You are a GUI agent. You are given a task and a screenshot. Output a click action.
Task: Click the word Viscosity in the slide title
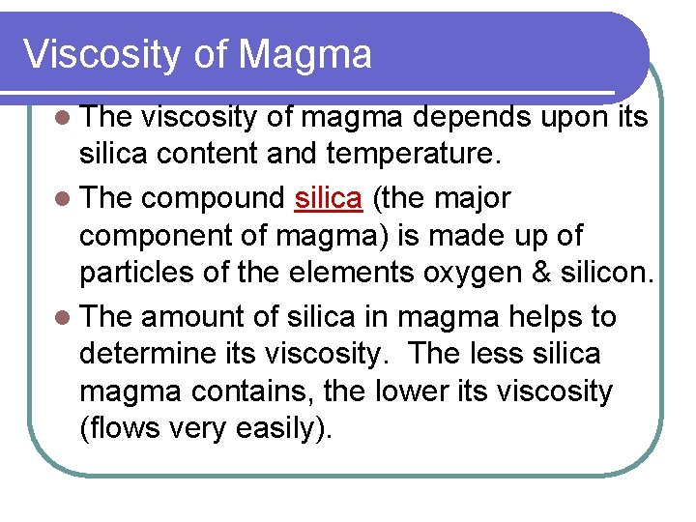tap(101, 54)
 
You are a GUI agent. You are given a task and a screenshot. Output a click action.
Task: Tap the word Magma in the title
tap(304, 54)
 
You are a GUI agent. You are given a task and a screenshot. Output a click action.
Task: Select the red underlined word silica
tap(328, 198)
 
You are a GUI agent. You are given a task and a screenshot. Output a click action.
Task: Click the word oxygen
tap(476, 274)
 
